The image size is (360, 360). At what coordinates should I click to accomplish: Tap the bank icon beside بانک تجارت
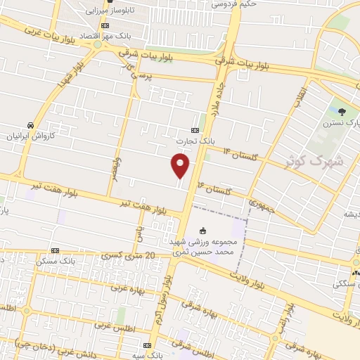coord(195,131)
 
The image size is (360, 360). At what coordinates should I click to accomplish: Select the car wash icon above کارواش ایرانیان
coord(30,124)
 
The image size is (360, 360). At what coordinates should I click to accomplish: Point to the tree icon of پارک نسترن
coord(342,111)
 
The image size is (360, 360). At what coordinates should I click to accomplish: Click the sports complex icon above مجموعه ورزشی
coord(204,230)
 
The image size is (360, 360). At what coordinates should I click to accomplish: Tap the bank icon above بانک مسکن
coord(56,250)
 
